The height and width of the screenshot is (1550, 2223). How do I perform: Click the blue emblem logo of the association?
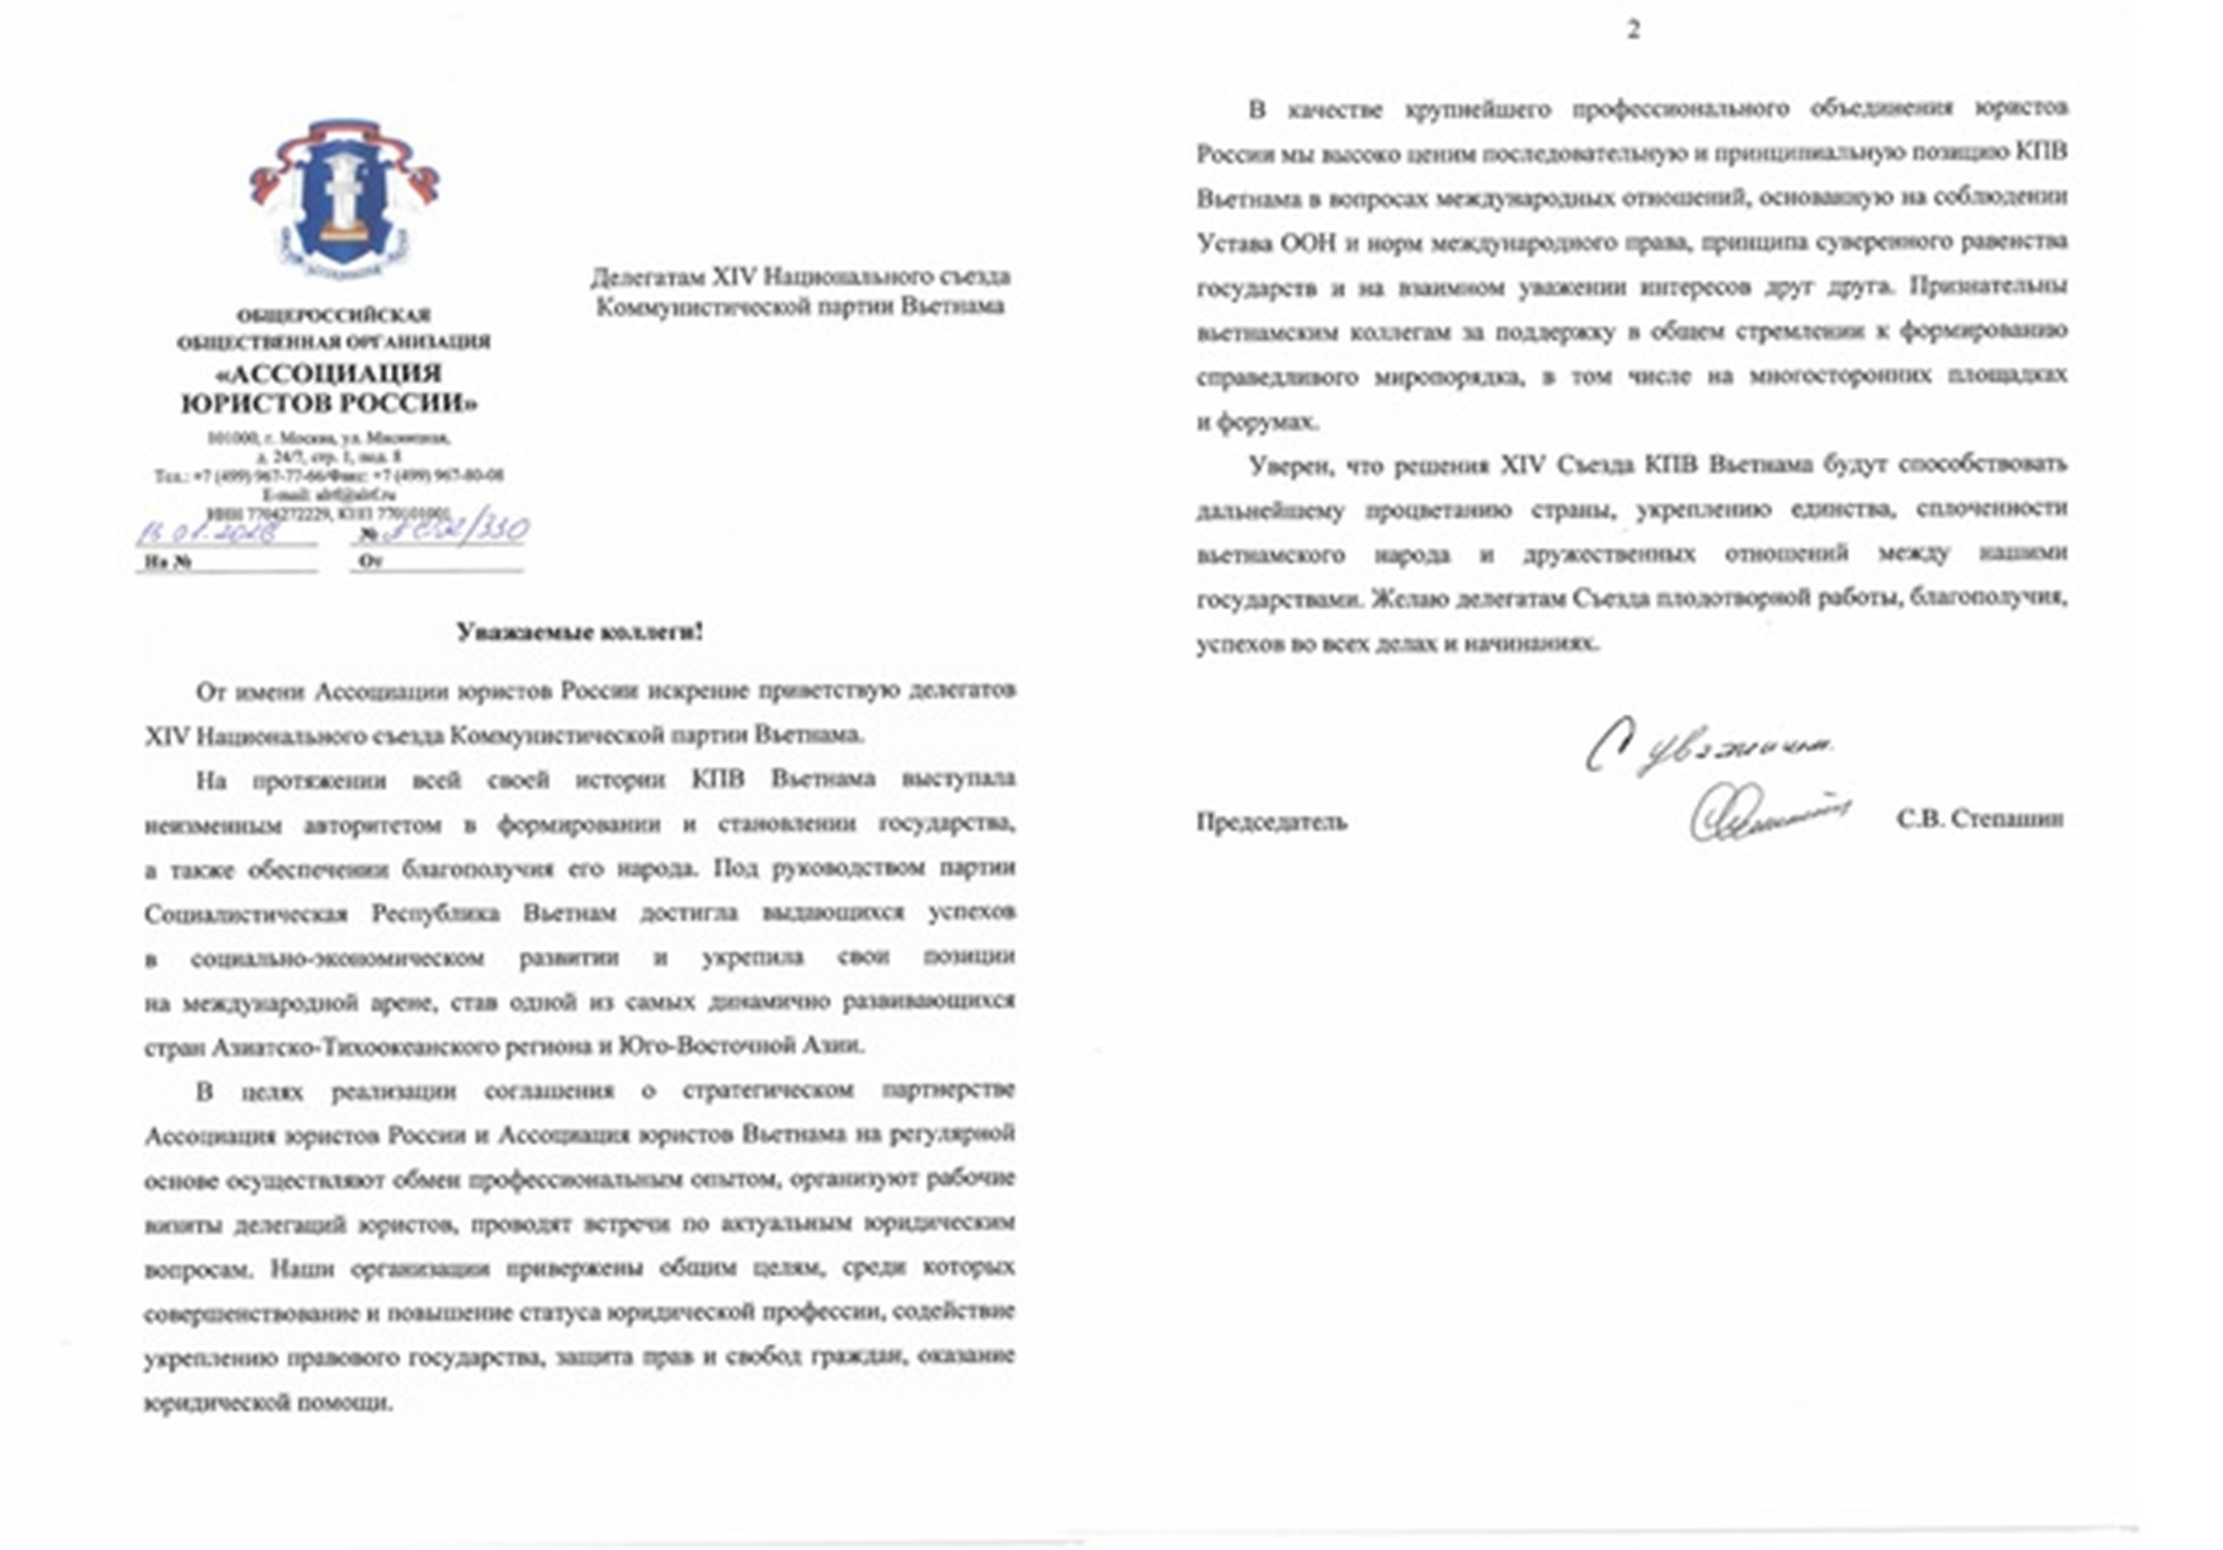click(x=343, y=197)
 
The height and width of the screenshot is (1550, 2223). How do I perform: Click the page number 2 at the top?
click(x=1633, y=31)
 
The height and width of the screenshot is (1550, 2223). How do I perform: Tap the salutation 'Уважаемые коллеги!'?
click(x=580, y=633)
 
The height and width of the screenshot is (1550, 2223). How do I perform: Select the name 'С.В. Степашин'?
click(x=1980, y=819)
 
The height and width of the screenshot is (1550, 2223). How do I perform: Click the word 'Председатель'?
click(x=1271, y=822)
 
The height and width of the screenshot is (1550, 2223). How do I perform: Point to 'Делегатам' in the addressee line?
click(x=648, y=278)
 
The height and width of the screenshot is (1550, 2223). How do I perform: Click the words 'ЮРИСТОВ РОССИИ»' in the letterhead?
click(x=330, y=403)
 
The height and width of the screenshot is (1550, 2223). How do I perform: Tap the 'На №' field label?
click(x=168, y=562)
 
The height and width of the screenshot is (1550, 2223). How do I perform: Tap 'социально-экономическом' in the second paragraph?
click(x=337, y=959)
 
